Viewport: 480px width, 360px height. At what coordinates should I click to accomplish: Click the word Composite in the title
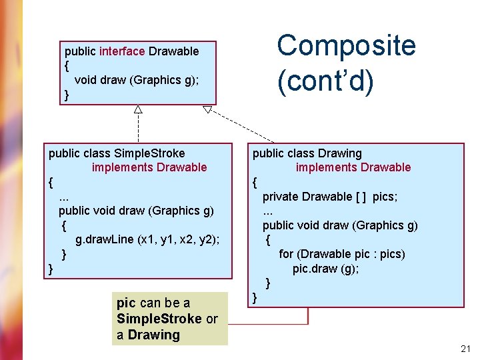click(346, 46)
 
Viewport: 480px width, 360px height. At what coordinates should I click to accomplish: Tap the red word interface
click(122, 51)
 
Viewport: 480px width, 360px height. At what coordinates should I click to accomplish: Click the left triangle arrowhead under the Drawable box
click(138, 109)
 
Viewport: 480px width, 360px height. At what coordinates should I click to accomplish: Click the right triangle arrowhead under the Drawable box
click(207, 109)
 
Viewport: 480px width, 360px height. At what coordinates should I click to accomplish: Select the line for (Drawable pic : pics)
click(341, 254)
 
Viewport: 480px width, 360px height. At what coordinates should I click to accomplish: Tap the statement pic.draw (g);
click(325, 268)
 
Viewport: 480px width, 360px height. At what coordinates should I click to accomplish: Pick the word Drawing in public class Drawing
click(340, 153)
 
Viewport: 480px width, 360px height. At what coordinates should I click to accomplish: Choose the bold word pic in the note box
click(125, 303)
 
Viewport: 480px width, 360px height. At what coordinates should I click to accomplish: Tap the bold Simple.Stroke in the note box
click(159, 319)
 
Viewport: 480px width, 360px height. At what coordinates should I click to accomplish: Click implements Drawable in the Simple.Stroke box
click(149, 167)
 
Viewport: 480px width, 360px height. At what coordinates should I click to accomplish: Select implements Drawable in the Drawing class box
click(353, 167)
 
